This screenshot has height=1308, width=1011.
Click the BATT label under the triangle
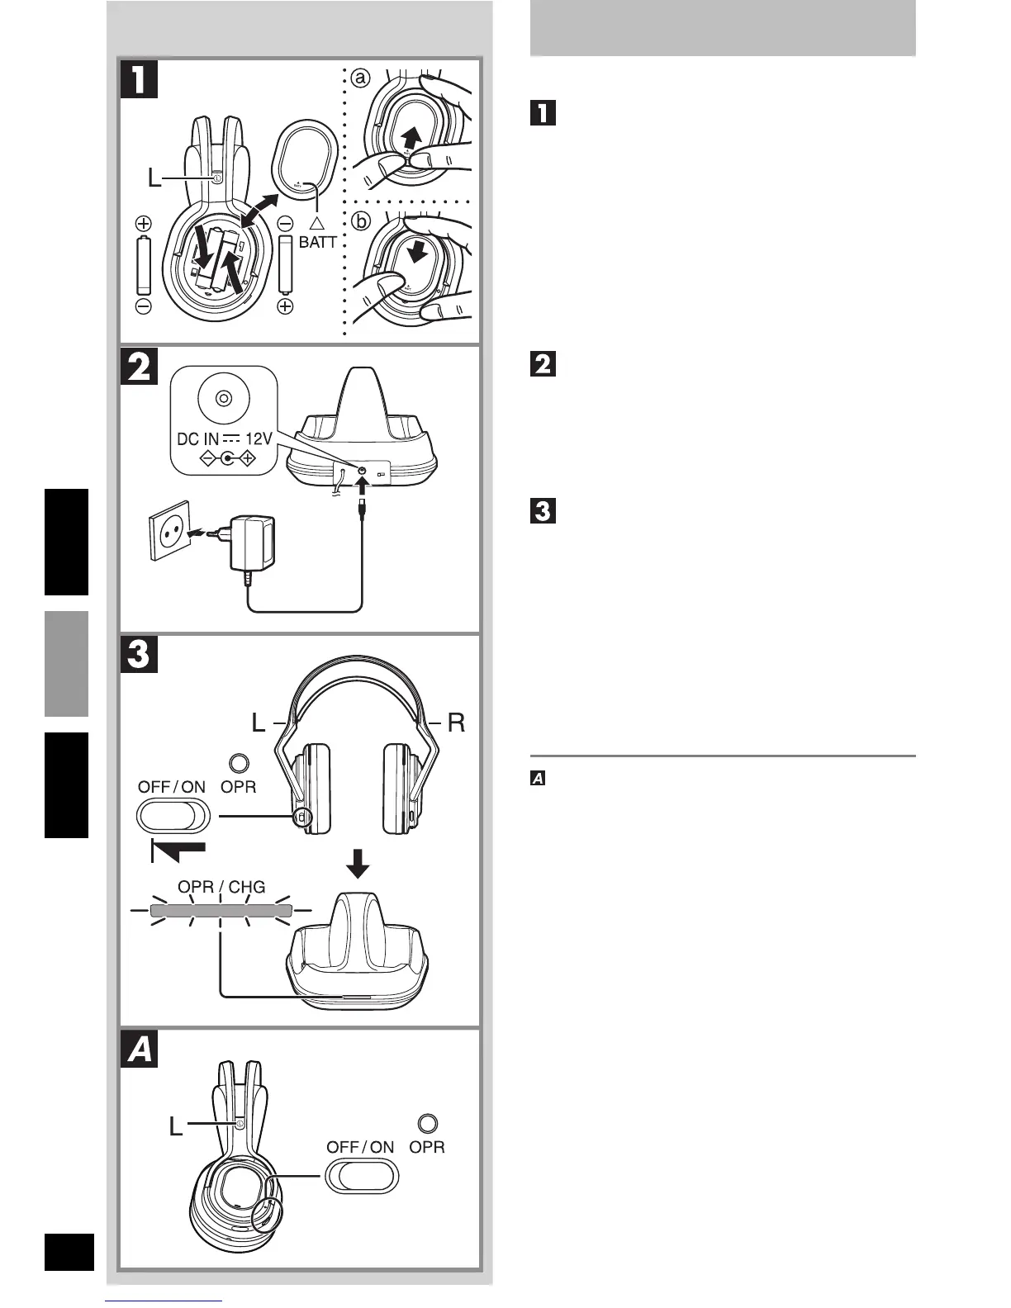(x=318, y=243)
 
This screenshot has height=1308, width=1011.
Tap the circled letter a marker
(x=359, y=78)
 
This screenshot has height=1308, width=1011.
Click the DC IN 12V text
(x=224, y=439)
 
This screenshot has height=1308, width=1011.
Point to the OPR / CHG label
(x=222, y=887)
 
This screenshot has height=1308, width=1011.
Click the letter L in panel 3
(x=259, y=723)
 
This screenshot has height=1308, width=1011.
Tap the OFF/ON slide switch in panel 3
(x=173, y=817)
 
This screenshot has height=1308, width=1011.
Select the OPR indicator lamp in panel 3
(x=239, y=763)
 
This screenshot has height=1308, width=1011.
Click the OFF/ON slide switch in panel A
(x=362, y=1176)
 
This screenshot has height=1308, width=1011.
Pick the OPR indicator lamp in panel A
(x=428, y=1123)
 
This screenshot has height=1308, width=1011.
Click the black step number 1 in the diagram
(x=140, y=79)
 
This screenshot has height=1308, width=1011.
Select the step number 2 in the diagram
(x=140, y=367)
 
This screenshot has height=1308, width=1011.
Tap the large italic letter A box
(x=140, y=1050)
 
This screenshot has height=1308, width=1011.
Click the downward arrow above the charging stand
(x=358, y=865)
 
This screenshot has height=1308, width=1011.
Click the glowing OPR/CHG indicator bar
(x=222, y=911)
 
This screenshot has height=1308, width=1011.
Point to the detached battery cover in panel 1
(x=306, y=159)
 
